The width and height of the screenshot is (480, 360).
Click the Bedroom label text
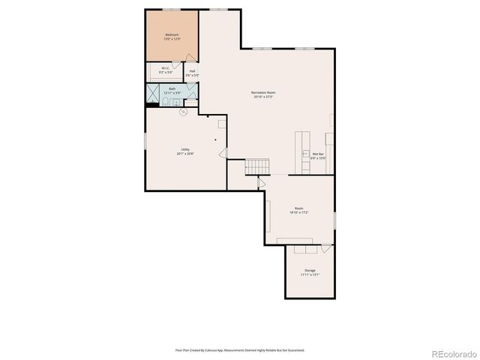(x=172, y=34)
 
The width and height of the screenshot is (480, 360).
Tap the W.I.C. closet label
(x=166, y=68)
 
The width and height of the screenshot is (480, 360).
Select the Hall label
(x=193, y=71)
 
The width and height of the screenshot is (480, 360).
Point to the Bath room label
(x=172, y=89)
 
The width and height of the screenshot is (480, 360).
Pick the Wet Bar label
(x=318, y=154)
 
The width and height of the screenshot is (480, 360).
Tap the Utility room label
(x=185, y=149)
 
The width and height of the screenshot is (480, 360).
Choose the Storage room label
(x=310, y=270)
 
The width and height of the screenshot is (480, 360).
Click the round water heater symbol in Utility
(x=183, y=112)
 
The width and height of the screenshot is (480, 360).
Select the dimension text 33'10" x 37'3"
(x=262, y=97)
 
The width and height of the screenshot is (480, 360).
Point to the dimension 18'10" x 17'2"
(x=299, y=213)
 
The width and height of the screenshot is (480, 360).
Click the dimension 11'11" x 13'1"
(x=310, y=274)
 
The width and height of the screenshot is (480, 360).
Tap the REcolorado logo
(x=451, y=352)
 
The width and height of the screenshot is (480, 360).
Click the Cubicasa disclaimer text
(x=240, y=349)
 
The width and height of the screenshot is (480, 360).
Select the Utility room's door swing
(x=223, y=152)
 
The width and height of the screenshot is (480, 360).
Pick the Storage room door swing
(x=326, y=248)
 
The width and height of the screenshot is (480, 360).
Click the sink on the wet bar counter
(x=305, y=153)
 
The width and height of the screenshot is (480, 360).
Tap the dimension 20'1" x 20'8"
(x=185, y=154)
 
